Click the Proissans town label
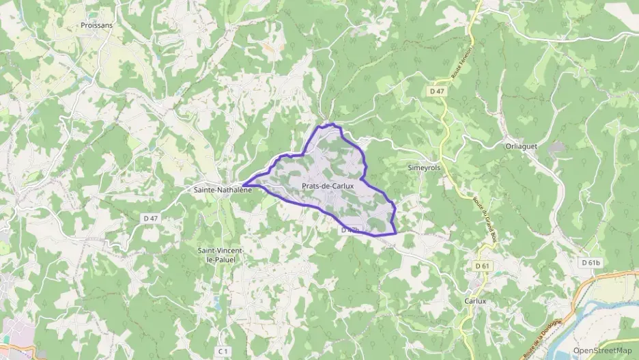pos(96,25)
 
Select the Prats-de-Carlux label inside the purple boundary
pos(327,186)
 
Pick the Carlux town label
pos(474,301)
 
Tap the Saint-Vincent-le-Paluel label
pos(219,255)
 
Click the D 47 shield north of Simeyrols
pos(438,91)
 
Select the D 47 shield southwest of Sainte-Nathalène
pos(151,218)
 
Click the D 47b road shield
pos(350,230)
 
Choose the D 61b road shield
pos(591,262)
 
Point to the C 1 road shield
pos(223,350)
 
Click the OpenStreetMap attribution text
pos(603,350)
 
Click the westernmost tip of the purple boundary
pos(243,184)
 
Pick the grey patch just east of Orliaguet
pos(556,148)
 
